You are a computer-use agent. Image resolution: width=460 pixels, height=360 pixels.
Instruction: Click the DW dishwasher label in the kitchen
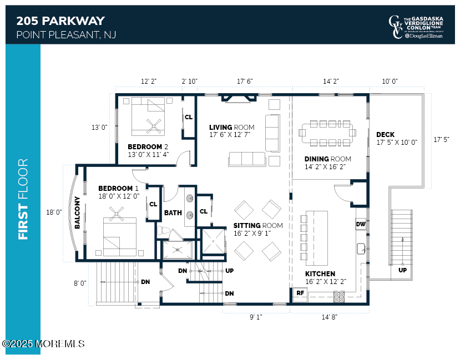click(360, 224)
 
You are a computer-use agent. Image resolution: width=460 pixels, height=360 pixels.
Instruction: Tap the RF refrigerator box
click(300, 293)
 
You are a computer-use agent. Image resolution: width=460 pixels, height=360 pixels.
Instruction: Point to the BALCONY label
click(78, 212)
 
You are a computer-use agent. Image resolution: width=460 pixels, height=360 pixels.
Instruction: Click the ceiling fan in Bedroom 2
click(153, 126)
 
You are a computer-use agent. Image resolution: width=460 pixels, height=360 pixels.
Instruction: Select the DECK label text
click(385, 135)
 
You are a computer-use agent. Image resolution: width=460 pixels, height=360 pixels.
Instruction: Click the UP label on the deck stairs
click(403, 270)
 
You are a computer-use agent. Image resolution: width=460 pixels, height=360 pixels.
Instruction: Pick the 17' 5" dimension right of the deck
click(442, 139)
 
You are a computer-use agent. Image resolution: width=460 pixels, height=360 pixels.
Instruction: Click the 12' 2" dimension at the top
click(149, 82)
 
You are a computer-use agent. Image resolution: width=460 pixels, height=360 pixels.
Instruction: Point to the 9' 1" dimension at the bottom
click(256, 317)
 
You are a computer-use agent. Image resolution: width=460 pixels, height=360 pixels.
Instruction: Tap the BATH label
click(173, 212)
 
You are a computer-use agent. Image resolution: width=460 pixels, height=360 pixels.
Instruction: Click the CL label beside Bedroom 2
click(189, 117)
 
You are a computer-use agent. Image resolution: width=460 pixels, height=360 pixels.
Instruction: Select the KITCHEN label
click(320, 273)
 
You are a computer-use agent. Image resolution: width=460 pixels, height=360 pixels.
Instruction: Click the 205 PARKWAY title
click(60, 21)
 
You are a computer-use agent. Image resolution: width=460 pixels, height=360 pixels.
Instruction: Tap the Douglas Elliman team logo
click(416, 27)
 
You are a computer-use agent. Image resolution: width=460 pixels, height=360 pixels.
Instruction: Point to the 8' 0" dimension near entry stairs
click(80, 283)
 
